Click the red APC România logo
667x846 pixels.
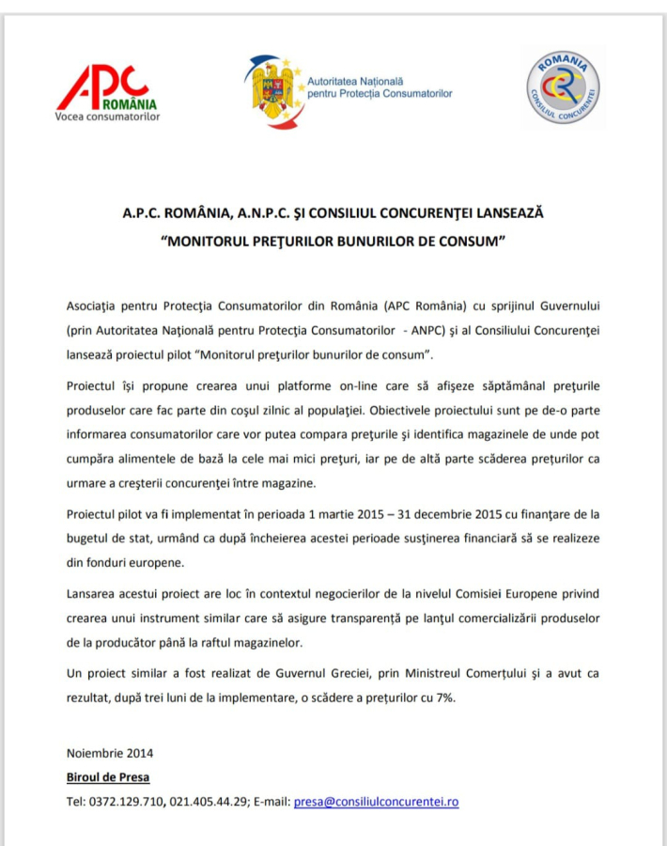click(x=106, y=89)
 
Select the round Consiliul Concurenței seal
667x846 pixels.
click(x=563, y=90)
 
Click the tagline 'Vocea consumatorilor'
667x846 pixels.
click(x=108, y=117)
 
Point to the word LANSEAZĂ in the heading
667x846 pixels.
click(x=506, y=212)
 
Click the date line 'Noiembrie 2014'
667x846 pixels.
click(x=110, y=754)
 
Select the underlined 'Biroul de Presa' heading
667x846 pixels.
click(x=108, y=777)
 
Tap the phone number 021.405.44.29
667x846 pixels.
click(x=209, y=802)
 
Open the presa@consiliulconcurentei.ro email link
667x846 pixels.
click(x=376, y=802)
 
